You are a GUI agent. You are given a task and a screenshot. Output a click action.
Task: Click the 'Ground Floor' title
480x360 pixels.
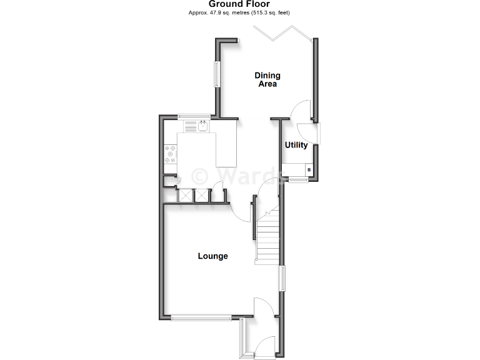[x=239, y=4]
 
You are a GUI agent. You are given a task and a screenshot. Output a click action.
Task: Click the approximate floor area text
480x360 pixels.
[x=239, y=12]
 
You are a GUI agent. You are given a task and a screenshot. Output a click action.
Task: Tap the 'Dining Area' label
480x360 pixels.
[x=267, y=79]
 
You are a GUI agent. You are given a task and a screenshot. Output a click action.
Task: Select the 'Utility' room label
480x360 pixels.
[x=296, y=145]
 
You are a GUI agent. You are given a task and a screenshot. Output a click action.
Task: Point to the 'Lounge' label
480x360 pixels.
[x=212, y=256]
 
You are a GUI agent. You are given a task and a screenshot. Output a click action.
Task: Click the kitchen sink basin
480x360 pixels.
[x=203, y=126]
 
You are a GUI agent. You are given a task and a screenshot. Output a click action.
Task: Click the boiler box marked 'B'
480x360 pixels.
[x=308, y=170]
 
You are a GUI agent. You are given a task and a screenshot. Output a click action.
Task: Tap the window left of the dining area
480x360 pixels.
[x=217, y=74]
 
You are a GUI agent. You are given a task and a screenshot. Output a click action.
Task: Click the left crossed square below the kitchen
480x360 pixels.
[x=186, y=195]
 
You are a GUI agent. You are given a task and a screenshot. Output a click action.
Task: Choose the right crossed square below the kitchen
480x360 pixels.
[x=202, y=195]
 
